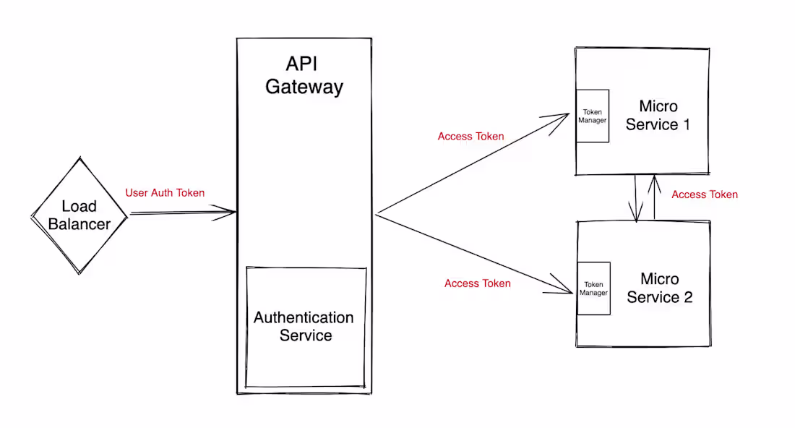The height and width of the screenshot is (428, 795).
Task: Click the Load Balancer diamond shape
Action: [79, 215]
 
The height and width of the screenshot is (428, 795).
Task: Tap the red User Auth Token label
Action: [165, 193]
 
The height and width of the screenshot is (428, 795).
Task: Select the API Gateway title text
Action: [304, 75]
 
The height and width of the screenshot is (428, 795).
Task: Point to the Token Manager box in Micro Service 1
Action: [592, 116]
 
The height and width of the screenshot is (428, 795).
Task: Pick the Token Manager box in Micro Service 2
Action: [593, 288]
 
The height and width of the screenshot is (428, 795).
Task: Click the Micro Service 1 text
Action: [658, 116]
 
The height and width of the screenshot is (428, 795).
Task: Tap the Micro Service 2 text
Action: [659, 288]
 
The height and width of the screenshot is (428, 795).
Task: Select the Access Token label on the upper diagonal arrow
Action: [470, 137]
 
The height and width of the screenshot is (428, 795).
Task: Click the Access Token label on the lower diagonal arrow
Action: [477, 283]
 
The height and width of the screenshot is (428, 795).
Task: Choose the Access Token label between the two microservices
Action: [704, 194]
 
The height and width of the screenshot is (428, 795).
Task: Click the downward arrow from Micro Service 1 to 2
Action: [636, 199]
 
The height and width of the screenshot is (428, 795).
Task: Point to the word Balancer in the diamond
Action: [79, 224]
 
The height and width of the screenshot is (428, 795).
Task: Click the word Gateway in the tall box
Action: [304, 87]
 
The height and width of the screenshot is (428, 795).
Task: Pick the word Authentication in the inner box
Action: [304, 317]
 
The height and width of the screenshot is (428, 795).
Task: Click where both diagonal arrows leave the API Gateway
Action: [377, 214]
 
